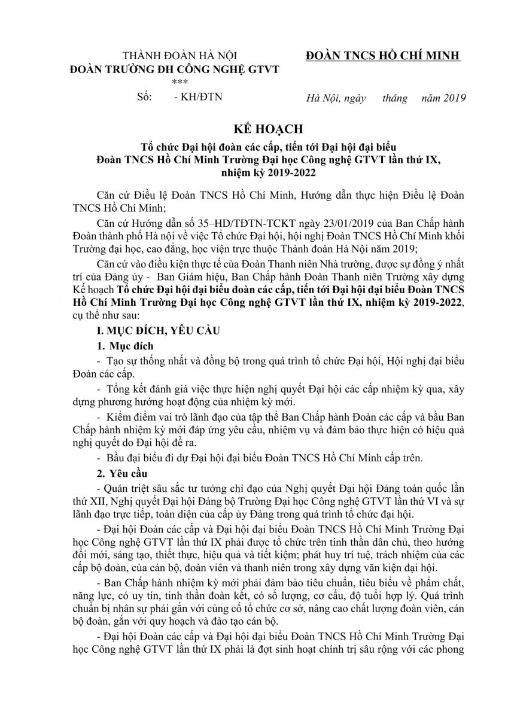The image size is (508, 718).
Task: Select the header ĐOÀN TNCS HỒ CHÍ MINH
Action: tap(382, 56)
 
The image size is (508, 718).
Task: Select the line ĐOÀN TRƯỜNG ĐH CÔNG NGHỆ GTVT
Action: tap(174, 69)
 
